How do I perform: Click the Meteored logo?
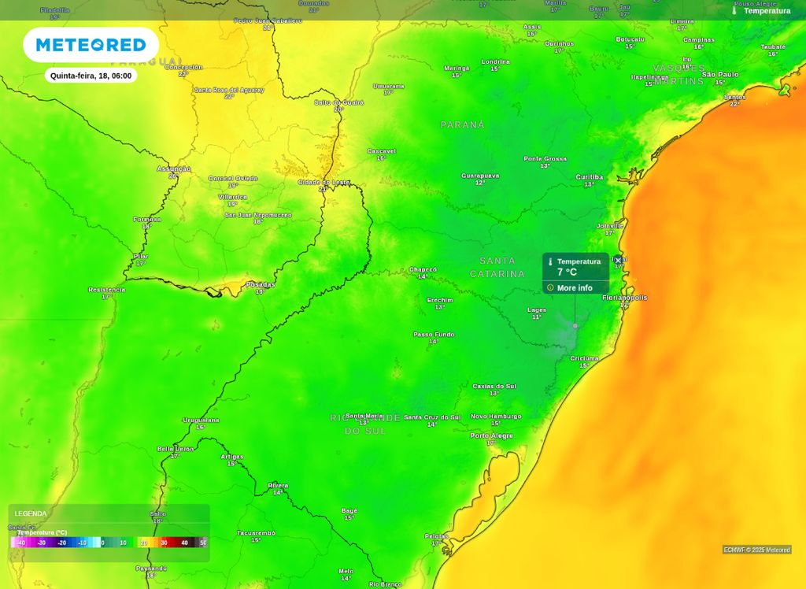[x=91, y=45]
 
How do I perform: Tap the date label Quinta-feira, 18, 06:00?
[x=91, y=76]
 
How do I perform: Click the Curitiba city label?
[x=589, y=177]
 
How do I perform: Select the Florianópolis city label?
[x=624, y=298]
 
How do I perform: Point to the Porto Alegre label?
[x=491, y=435]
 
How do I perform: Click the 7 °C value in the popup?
[x=567, y=272]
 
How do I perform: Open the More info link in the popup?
[x=575, y=288]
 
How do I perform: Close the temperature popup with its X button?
[x=618, y=260]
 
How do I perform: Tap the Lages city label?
[x=537, y=310]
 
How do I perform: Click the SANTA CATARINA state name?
[x=497, y=267]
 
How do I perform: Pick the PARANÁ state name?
[x=462, y=125]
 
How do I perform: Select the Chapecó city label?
[x=423, y=269]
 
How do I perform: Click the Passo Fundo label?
[x=434, y=335]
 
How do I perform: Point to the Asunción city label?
[x=173, y=169]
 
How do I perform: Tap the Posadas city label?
[x=261, y=284]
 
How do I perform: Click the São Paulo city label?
[x=720, y=75]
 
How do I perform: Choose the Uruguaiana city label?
[x=201, y=420]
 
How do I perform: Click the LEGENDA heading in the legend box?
[x=31, y=513]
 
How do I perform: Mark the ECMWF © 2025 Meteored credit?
[x=756, y=550]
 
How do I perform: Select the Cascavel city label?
[x=381, y=151]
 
